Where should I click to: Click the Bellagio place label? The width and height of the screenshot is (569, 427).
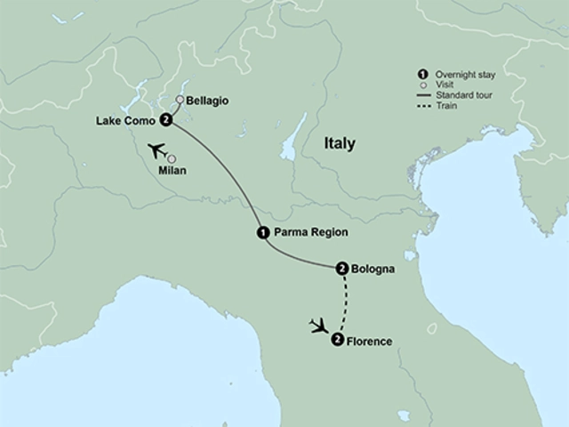tap(208, 101)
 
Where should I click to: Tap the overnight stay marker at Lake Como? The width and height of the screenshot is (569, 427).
tap(166, 121)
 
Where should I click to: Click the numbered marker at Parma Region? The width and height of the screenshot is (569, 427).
tap(262, 232)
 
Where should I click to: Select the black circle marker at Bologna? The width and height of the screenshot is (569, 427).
tap(342, 268)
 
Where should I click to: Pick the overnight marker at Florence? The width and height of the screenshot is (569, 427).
tap(337, 340)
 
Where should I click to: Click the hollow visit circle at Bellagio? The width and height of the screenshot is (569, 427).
tap(180, 101)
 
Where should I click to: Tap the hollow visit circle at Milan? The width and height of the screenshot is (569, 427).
tap(172, 158)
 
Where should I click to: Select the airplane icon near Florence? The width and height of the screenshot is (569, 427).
tap(316, 326)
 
